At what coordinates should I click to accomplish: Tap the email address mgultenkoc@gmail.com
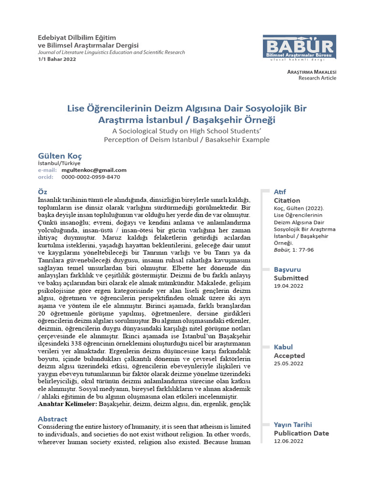pos(94,170)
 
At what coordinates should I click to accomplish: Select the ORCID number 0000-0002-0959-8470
pos(91,177)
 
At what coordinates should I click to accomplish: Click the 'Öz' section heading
pos(42,191)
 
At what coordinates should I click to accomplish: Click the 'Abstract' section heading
pos(53,419)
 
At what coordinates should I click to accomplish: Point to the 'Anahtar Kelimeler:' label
pos(67,404)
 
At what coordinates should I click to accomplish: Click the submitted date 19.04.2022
pos(289,286)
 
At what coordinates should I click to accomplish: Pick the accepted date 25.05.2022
pos(289,363)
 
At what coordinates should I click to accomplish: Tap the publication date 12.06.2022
pos(289,441)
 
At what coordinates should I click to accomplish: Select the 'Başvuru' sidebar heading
pos(287,270)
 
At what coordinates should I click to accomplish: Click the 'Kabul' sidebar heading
pos(283,347)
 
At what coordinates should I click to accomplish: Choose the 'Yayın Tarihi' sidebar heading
pos(293,424)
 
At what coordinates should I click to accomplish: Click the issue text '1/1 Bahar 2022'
pos(56,59)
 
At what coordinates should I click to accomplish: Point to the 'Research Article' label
pos(317,78)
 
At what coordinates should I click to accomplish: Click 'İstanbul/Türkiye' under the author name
pos(59,163)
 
